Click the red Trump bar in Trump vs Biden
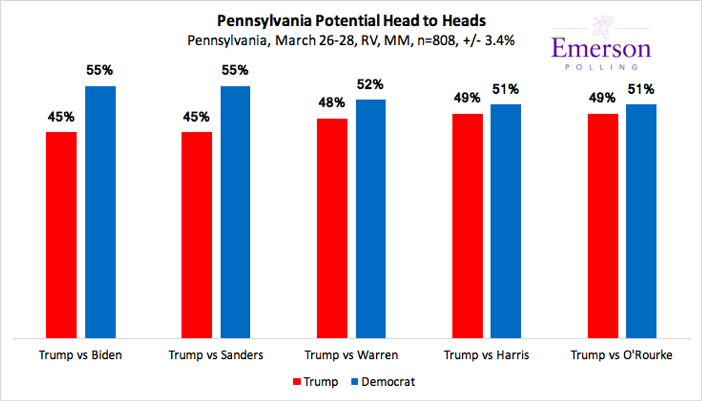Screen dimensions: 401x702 coord(61,234)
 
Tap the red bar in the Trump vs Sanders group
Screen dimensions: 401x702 coord(197,234)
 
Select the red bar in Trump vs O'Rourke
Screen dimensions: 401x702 coord(603,225)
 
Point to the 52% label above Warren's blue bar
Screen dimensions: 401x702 coord(371,84)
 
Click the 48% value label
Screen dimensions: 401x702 coord(332,103)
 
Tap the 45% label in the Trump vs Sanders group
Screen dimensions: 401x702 coord(197,116)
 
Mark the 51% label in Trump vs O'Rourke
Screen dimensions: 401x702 coord(641,90)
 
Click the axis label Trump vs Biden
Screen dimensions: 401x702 coord(81,355)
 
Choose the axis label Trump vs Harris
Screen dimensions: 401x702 coord(486,355)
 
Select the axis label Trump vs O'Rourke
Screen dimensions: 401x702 coord(621,355)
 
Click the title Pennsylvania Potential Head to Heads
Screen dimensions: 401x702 coord(351,21)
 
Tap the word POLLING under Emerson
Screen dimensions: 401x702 coord(602,67)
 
